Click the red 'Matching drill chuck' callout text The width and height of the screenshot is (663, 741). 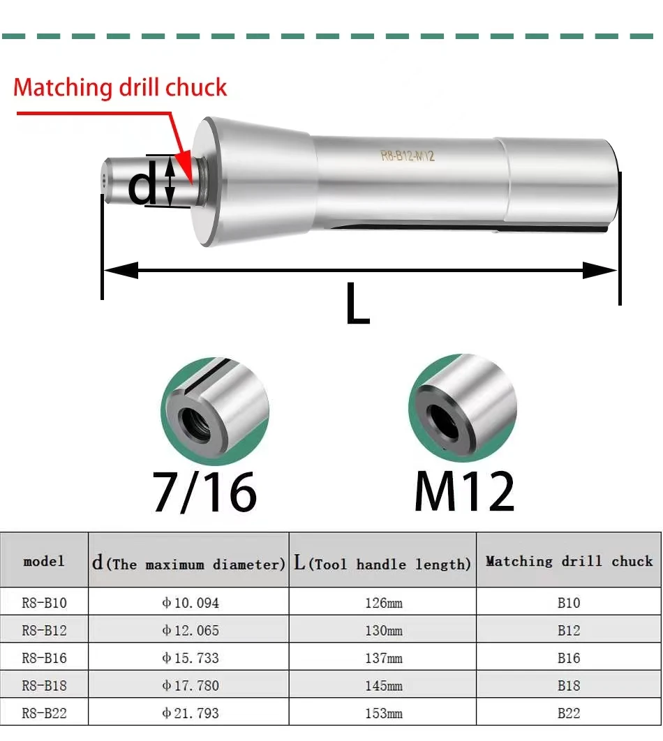(x=120, y=88)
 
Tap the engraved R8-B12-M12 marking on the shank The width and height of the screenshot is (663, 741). (x=408, y=156)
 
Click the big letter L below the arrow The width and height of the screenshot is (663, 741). (x=357, y=306)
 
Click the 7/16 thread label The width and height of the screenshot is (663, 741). (x=205, y=492)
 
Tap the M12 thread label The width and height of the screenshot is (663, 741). (x=464, y=492)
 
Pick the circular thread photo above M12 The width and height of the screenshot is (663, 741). (x=463, y=407)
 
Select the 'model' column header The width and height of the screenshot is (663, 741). (x=44, y=561)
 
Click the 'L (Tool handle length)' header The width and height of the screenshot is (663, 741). (x=382, y=563)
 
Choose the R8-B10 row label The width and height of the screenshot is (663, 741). (x=44, y=602)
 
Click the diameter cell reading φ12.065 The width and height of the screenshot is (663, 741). (x=190, y=630)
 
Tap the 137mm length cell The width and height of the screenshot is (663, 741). (x=383, y=658)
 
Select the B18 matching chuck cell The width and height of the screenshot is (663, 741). (x=568, y=685)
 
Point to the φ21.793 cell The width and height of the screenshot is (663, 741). (x=190, y=713)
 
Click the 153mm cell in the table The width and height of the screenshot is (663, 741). (x=383, y=713)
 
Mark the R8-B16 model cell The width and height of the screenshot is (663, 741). (x=44, y=658)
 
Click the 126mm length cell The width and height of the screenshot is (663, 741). (x=383, y=602)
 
